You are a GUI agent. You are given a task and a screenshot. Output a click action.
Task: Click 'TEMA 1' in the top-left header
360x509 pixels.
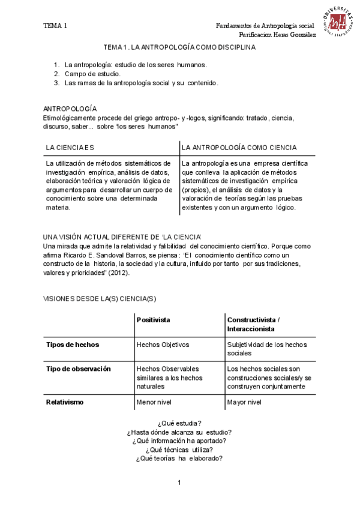coord(55,25)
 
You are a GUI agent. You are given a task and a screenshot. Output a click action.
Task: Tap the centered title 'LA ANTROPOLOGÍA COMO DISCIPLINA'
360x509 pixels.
coord(179,47)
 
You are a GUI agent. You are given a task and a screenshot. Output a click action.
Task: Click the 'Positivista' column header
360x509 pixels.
coord(154,320)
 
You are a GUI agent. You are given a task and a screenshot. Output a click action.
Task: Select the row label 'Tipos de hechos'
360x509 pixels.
coord(73,345)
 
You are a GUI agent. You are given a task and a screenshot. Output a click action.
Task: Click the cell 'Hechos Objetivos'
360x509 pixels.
coord(163,345)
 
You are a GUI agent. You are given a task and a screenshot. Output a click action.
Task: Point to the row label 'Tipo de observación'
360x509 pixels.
coord(79,369)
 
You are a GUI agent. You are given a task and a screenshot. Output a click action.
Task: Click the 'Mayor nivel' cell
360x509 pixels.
coord(244,402)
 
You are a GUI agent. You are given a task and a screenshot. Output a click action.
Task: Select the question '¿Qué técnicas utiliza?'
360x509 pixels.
coord(179,450)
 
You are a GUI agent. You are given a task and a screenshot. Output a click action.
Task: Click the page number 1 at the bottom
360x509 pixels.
coord(179,483)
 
